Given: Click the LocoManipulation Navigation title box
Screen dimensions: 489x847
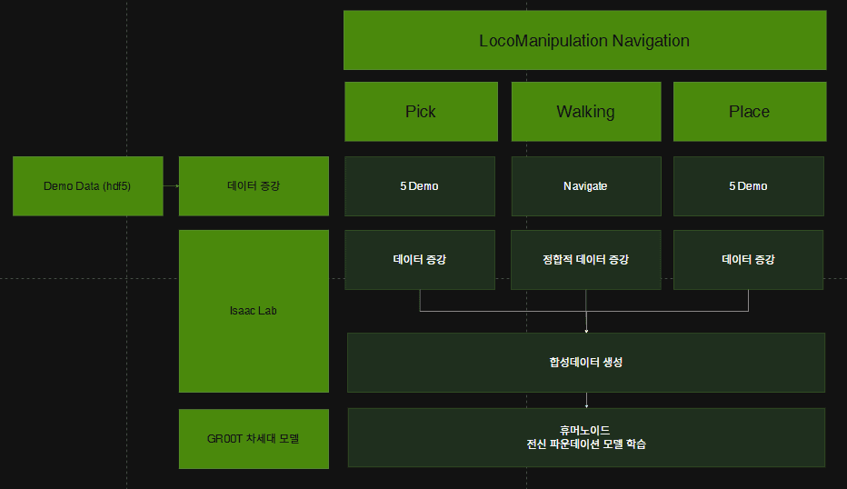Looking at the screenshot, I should pos(584,40).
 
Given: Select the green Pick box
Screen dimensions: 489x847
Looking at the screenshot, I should pos(421,112).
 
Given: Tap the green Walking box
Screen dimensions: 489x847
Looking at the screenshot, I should pos(585,112).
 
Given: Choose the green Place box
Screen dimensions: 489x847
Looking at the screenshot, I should pos(749,112).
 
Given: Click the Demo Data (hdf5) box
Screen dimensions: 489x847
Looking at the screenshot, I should pos(87,186).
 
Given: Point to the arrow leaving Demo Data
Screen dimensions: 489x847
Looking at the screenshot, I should pos(171,186).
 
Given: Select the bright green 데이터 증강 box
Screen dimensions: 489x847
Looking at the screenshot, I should pos(254,186).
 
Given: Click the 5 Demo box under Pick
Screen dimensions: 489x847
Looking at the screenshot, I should pos(419,186).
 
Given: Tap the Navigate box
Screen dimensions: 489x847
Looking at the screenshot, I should pos(585,186).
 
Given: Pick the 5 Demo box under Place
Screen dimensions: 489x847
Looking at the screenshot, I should pos(748,186).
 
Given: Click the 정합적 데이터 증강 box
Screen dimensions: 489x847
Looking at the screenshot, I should pos(585,260).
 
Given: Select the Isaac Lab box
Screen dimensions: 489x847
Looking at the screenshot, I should pos(254,311).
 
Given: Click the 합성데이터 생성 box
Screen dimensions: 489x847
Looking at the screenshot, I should pos(585,362).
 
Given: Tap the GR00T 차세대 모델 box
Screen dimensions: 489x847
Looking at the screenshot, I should pos(254,438).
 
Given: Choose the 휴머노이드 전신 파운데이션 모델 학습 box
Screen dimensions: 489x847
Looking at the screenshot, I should pos(585,437).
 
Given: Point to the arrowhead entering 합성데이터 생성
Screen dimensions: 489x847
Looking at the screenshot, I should pos(586,329).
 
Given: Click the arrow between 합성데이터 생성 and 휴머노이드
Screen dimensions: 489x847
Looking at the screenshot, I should pos(586,400).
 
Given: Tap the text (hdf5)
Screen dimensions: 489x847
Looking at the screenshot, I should pos(115,186).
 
